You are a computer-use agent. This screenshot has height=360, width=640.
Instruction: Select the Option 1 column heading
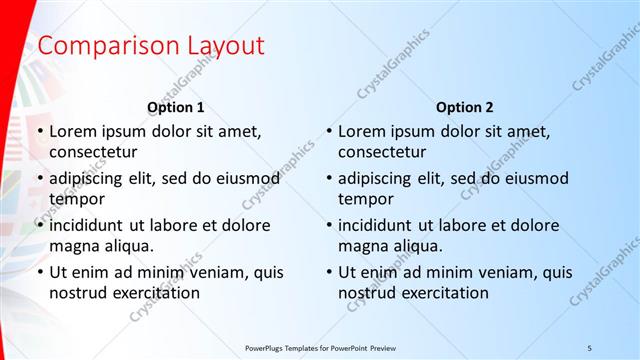click(176, 107)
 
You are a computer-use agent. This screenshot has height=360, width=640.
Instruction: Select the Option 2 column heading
click(465, 107)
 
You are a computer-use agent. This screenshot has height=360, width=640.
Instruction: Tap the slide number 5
click(590, 347)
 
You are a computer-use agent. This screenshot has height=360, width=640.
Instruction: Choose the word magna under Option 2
click(361, 246)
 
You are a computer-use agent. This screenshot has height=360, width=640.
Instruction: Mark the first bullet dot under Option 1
click(40, 131)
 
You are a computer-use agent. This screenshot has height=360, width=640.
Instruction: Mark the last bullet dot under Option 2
click(329, 272)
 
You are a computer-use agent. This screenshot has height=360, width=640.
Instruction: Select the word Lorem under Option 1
click(71, 131)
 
